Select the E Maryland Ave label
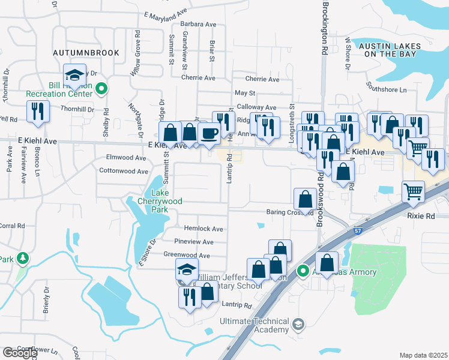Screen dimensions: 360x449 pyautogui.click(x=166, y=12)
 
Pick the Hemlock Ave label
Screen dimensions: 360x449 pyautogui.click(x=203, y=229)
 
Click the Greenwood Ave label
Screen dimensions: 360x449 pyautogui.click(x=187, y=255)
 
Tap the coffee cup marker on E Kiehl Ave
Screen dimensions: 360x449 pyautogui.click(x=209, y=133)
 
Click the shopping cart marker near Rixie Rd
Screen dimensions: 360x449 pyautogui.click(x=413, y=192)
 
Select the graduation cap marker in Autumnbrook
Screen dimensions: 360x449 pyautogui.click(x=75, y=75)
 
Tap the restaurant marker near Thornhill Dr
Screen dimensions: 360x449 pyautogui.click(x=38, y=112)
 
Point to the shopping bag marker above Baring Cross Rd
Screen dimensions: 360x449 pyautogui.click(x=305, y=199)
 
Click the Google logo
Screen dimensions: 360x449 pyautogui.click(x=20, y=353)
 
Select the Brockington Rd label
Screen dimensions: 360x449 pyautogui.click(x=325, y=29)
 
